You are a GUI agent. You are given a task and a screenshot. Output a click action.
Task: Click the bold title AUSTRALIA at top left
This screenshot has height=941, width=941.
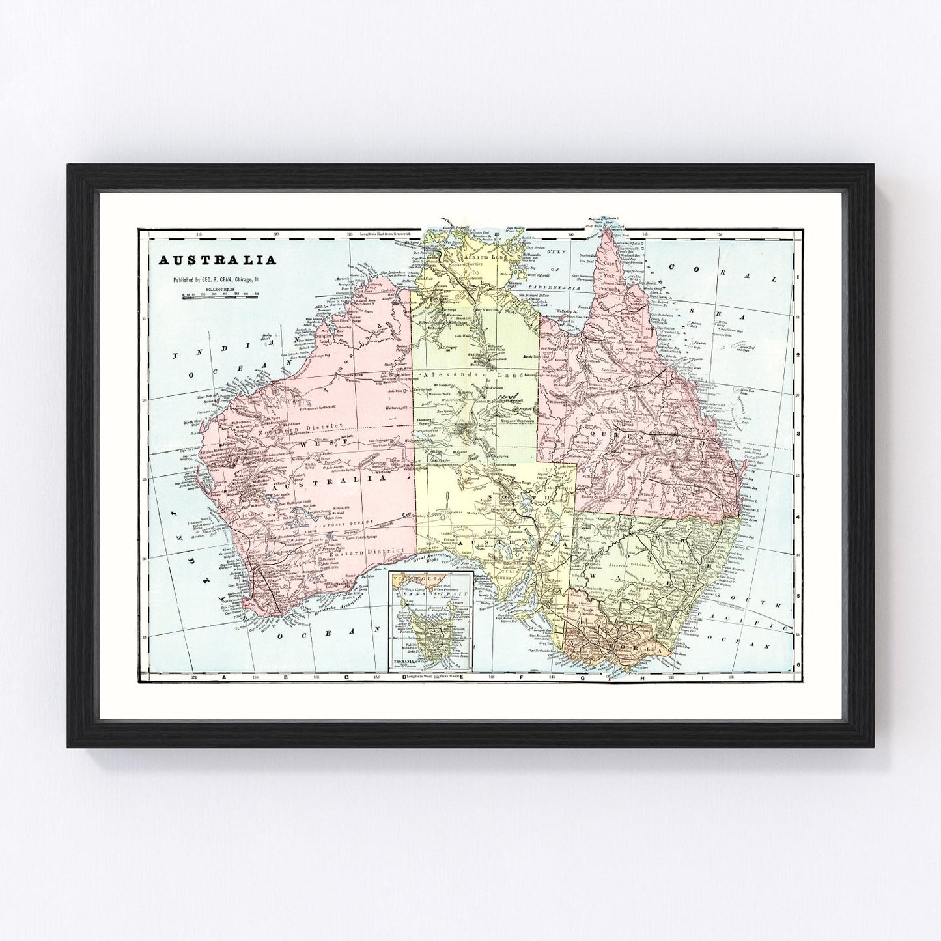[214, 260]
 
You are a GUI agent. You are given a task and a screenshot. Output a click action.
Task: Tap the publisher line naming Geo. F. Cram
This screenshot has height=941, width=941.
[220, 281]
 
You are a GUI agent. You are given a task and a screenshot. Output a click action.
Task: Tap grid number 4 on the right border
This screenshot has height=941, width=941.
[798, 516]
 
